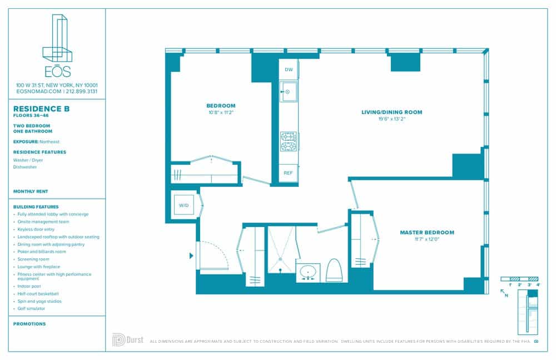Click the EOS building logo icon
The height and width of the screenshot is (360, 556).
(x=57, y=39)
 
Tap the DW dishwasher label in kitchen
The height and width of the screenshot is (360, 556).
(x=289, y=70)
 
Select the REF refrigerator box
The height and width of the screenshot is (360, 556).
(x=288, y=173)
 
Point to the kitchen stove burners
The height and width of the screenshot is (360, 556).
(x=288, y=141)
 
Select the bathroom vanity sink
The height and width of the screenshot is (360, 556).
(x=307, y=273)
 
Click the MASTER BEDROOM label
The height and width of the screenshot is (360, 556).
(x=427, y=233)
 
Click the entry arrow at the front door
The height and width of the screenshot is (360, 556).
(x=192, y=256)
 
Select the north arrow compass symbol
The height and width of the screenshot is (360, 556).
(x=505, y=293)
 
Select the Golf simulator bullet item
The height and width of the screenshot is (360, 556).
(x=32, y=308)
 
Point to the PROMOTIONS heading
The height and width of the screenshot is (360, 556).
(x=29, y=324)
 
